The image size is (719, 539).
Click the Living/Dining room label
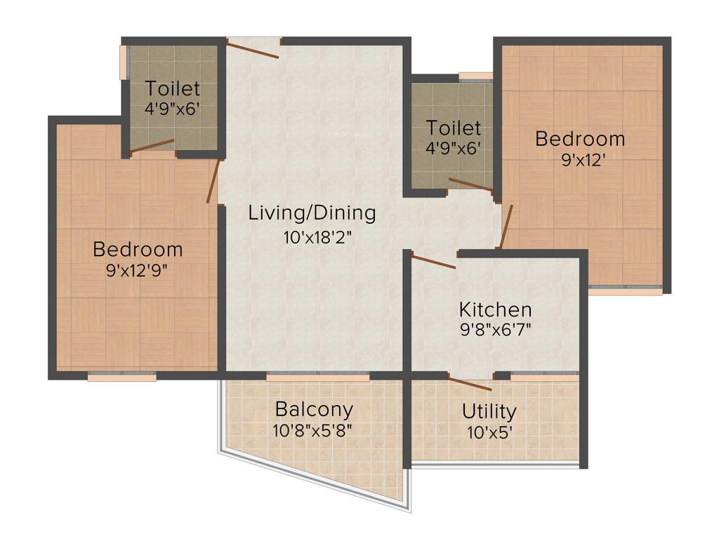312,213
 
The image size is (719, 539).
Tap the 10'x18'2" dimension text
317,237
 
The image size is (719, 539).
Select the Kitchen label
495,310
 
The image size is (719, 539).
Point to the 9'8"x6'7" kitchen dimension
495,330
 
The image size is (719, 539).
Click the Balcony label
314,409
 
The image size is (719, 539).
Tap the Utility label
489,411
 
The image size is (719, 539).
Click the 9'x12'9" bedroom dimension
138,269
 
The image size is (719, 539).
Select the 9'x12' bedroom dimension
580,159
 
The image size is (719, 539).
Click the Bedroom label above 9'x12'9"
138,249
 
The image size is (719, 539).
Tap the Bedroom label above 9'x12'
580,138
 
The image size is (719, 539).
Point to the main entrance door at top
253,49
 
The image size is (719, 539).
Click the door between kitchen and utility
470,384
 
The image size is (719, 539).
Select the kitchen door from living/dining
433,261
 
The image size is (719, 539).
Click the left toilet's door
152,146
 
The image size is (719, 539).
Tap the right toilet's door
470,185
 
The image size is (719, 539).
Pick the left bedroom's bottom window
122,376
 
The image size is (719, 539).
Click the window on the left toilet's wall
124,62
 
